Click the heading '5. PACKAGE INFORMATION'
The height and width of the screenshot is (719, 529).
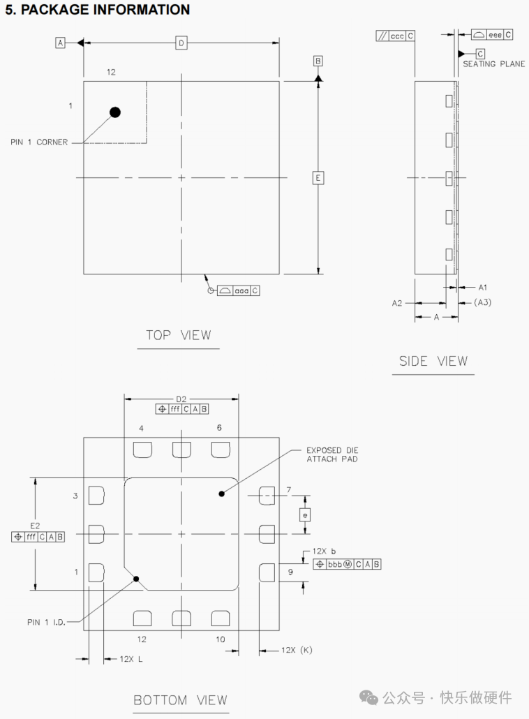pos(97,10)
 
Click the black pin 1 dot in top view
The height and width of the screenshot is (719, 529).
pos(115,112)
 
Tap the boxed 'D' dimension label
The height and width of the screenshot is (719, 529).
pos(181,43)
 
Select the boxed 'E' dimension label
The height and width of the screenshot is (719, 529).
pos(318,178)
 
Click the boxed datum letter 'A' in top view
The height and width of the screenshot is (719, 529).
pos(60,43)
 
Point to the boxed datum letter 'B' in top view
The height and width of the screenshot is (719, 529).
pos(318,61)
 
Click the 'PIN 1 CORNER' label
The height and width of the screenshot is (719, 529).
pos(39,142)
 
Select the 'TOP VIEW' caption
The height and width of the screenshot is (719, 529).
pos(178,335)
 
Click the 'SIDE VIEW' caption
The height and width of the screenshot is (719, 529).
pos(433,361)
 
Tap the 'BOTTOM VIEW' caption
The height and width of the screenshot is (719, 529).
pos(180,699)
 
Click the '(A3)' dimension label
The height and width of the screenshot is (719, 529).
pos(483,302)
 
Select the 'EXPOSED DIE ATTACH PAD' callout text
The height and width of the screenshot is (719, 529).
pos(332,454)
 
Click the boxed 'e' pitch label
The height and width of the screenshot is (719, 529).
pos(304,515)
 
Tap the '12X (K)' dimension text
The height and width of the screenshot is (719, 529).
pos(297,650)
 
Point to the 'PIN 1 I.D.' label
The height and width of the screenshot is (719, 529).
pos(47,622)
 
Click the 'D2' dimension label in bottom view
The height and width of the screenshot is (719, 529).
pos(181,399)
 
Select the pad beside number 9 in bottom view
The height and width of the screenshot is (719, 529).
pos(267,573)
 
